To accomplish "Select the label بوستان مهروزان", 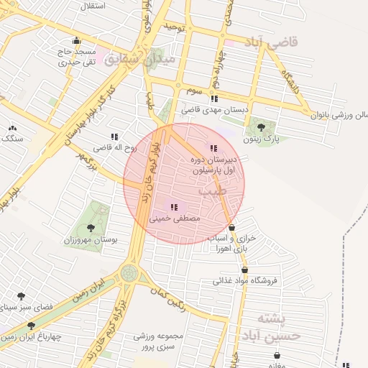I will click(95, 239).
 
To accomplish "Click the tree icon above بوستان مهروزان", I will click(90, 228).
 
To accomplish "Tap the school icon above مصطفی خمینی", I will click(174, 206).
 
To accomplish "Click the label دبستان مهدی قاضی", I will click(213, 110).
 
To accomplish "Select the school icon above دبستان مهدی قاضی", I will click(213, 99).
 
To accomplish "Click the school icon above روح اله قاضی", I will click(114, 137).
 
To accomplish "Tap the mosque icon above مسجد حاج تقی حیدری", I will click(76, 41).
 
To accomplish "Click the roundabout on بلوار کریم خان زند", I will click(129, 272).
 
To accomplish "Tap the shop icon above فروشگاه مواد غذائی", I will click(245, 270).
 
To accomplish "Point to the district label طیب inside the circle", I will click(213, 192).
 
